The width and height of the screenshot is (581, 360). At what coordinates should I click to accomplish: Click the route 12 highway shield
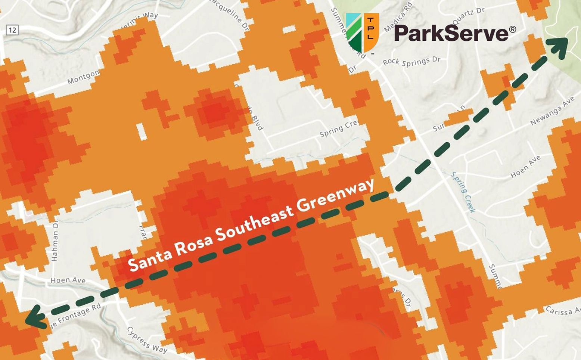click(12, 30)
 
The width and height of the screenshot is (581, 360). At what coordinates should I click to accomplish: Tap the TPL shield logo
click(362, 33)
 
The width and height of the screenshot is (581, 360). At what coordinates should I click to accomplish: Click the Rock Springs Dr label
click(412, 62)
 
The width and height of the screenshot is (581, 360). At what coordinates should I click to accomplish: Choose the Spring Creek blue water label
click(463, 192)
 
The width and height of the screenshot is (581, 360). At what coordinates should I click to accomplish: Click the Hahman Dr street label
click(55, 240)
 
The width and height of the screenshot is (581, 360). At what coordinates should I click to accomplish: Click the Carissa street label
click(562, 311)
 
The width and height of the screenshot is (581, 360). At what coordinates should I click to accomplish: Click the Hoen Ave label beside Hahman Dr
click(68, 280)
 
